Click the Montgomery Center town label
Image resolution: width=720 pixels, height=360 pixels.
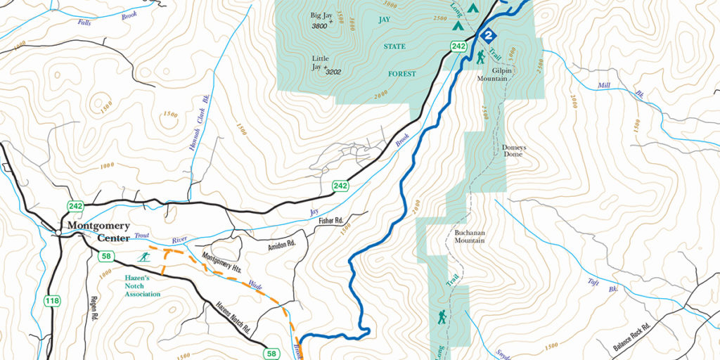[98, 231]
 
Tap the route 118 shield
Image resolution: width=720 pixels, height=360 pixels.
[52, 301]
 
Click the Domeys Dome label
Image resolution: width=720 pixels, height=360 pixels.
[513, 153]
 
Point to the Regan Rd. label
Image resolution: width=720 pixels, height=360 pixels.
[92, 309]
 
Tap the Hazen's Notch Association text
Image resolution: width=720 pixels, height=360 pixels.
[139, 287]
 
